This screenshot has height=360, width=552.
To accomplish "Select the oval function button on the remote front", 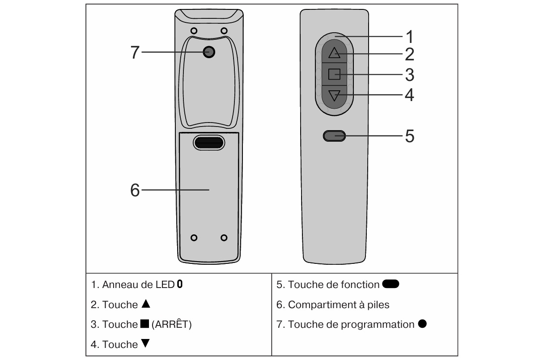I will point(334,136).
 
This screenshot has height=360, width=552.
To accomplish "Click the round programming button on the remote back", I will point(208,52).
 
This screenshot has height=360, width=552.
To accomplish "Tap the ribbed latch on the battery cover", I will point(208,142).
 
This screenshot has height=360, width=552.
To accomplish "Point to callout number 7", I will point(135,52).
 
